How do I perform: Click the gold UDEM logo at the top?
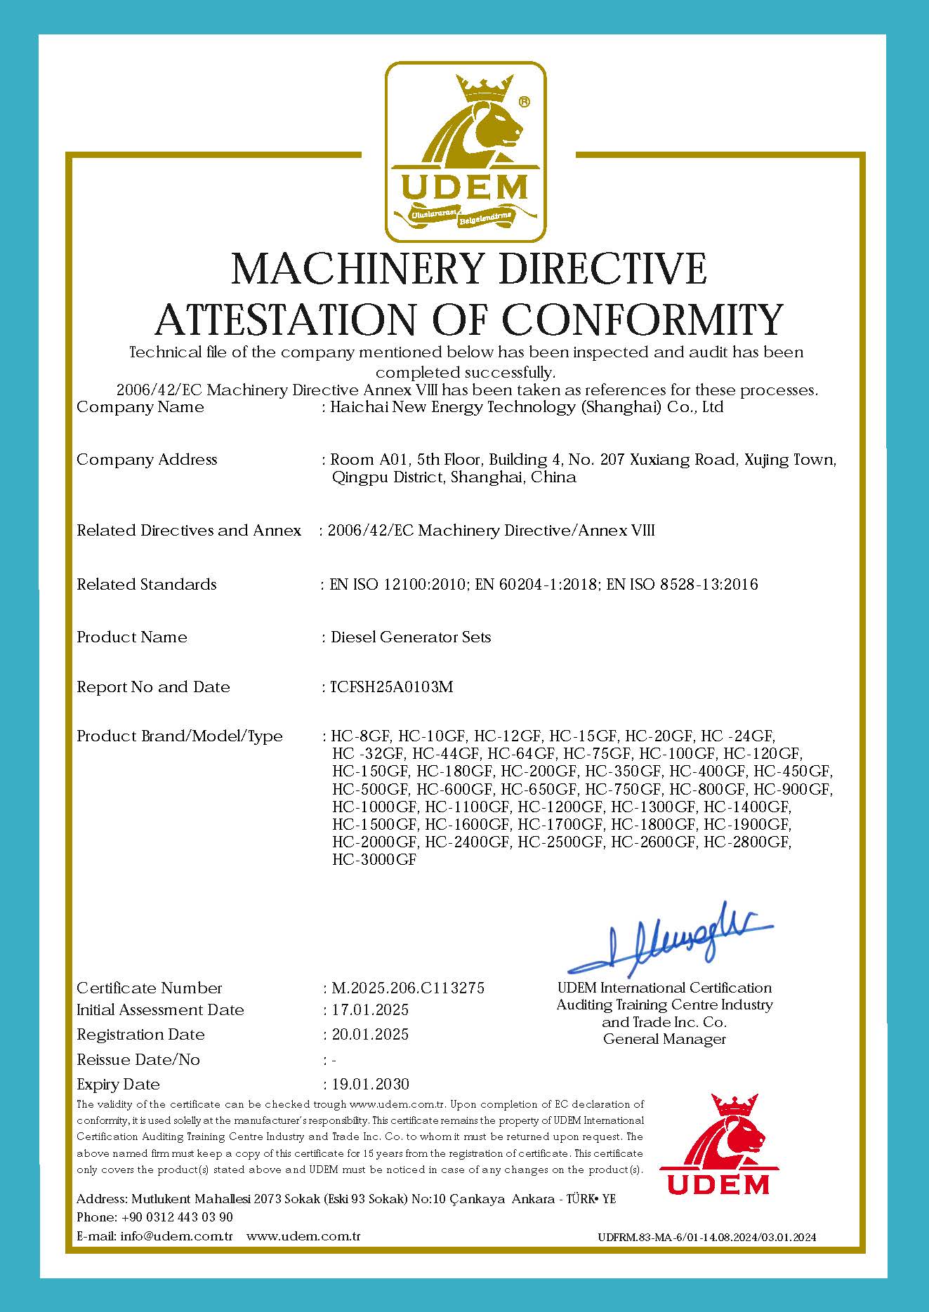point(466,151)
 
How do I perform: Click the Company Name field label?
point(140,407)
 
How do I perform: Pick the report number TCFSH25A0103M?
point(391,687)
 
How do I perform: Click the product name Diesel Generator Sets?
point(411,637)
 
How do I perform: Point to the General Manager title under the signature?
point(664,1040)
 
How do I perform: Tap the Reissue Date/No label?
point(138,1060)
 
